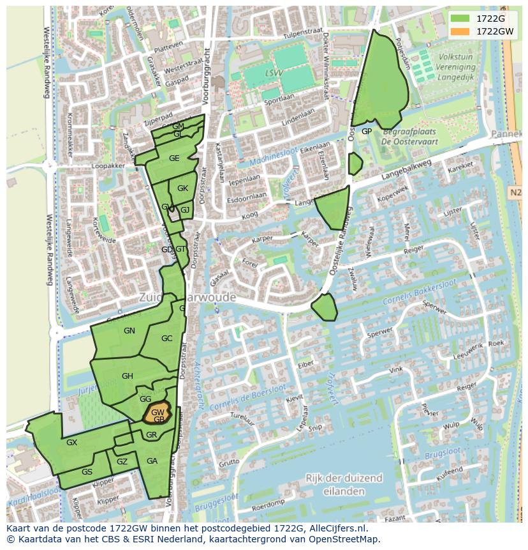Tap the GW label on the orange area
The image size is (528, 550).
(x=158, y=413)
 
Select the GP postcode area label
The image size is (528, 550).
(x=367, y=132)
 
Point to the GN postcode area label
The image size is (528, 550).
(x=129, y=331)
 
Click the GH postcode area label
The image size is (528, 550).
(x=127, y=376)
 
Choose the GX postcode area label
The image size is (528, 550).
(x=71, y=443)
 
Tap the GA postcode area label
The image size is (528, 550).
(x=152, y=461)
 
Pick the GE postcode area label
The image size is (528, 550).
(x=174, y=158)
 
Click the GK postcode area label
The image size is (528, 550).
(x=182, y=188)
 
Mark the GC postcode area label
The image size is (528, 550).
(x=166, y=339)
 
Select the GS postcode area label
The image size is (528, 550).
(x=87, y=472)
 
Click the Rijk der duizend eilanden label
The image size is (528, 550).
(x=344, y=485)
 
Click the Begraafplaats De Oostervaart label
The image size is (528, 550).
(x=412, y=137)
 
